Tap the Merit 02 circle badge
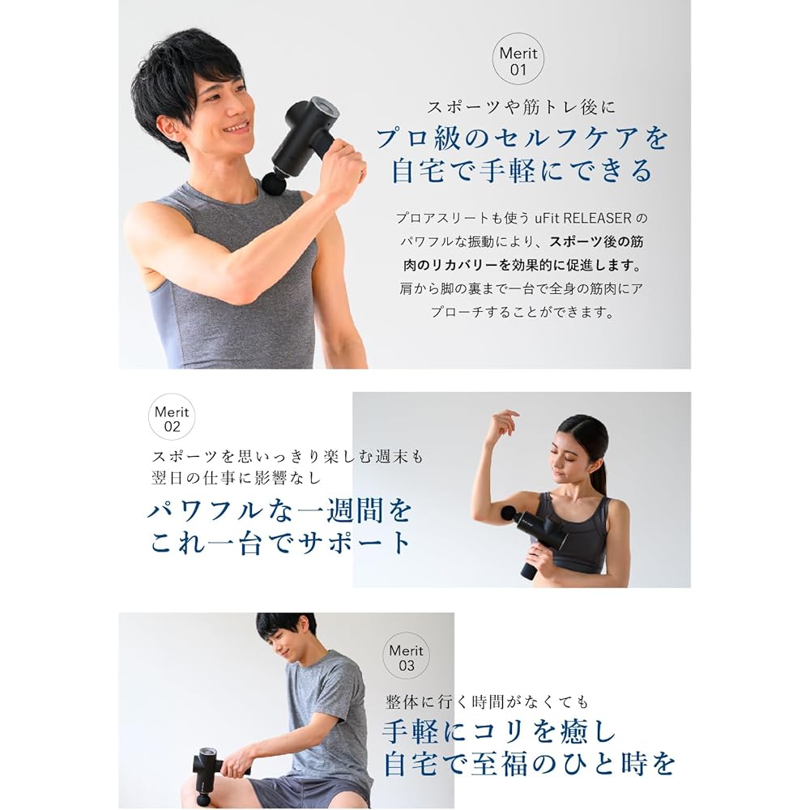click(x=171, y=417)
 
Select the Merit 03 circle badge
click(x=406, y=657)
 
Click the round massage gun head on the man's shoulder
click(x=273, y=183)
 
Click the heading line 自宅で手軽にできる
click(x=522, y=172)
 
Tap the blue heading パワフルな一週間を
click(x=280, y=510)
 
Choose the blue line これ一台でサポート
click(x=280, y=543)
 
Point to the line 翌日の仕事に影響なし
click(x=236, y=477)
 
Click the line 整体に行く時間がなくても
click(x=486, y=701)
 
